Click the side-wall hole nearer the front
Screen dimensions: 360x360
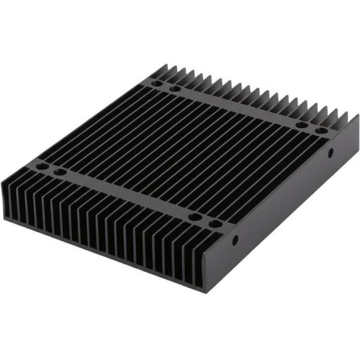click(x=235, y=239)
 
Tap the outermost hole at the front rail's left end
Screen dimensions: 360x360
click(x=41, y=166)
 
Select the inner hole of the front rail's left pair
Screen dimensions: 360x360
click(x=60, y=172)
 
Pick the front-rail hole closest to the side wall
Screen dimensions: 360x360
click(x=214, y=224)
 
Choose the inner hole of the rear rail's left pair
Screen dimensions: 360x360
click(x=175, y=89)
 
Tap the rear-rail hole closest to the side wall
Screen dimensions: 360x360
click(x=321, y=130)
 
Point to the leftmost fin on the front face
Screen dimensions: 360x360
click(x=7, y=198)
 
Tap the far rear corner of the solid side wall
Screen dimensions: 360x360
click(x=358, y=118)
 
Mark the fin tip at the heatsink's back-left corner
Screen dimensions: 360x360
click(x=162, y=67)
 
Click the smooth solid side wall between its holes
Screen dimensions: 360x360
click(x=282, y=198)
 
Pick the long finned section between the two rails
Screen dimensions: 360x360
click(x=180, y=150)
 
